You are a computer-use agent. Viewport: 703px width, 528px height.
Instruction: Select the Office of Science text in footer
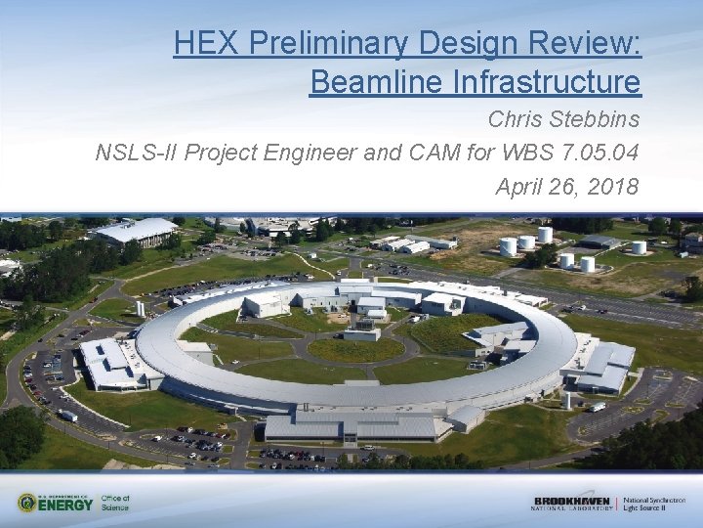[x=115, y=503]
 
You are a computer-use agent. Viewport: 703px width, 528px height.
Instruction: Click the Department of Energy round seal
[x=27, y=503]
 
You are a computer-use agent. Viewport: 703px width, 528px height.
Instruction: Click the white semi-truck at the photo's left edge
[x=67, y=416]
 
